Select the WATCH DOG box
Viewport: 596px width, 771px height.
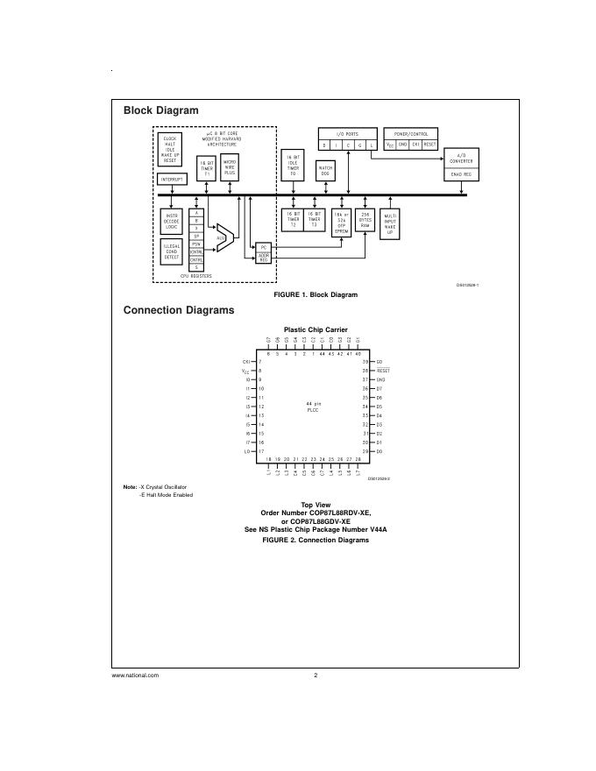(x=325, y=170)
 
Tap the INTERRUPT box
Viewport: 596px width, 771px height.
(x=171, y=179)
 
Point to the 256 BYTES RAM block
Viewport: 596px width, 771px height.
(x=366, y=219)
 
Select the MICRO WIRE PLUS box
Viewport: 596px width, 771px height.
(x=230, y=166)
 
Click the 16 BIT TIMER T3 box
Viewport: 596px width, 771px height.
(x=314, y=219)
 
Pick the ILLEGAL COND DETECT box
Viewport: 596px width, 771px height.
(x=171, y=251)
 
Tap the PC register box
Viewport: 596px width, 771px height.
(x=264, y=249)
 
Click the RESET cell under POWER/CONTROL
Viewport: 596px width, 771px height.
(x=429, y=145)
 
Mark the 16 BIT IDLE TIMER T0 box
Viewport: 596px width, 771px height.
(x=293, y=166)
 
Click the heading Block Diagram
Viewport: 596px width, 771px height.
(x=160, y=110)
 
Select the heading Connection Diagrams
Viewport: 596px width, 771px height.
(x=179, y=310)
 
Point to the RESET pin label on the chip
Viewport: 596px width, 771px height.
(x=383, y=371)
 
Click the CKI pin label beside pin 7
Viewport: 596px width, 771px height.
(x=246, y=362)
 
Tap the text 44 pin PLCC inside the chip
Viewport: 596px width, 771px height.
(x=311, y=407)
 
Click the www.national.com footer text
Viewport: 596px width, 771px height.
(x=135, y=676)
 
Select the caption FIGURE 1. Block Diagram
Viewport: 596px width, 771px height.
(x=316, y=295)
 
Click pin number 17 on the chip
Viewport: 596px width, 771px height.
(x=261, y=451)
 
